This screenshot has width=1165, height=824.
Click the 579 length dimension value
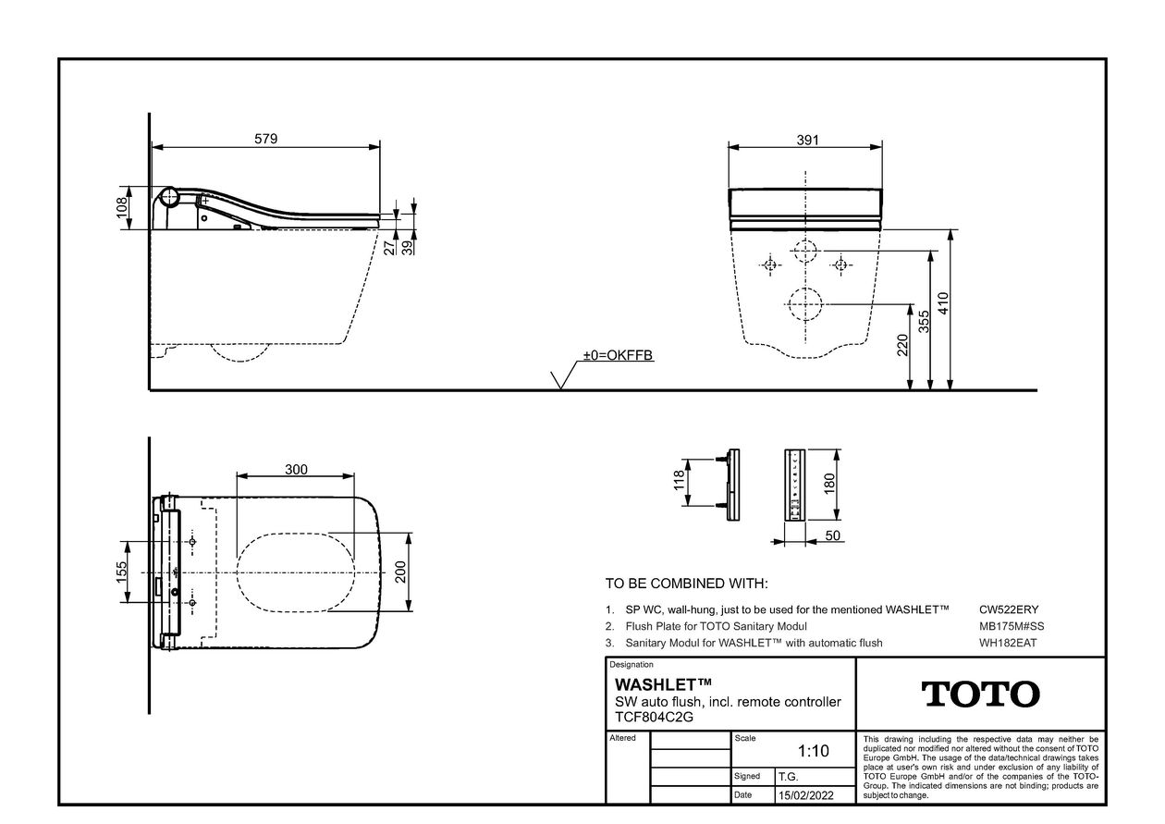pos(265,139)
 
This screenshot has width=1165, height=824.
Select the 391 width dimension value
pos(808,140)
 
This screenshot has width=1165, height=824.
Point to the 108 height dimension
pos(122,207)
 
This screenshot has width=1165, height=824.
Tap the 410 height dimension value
pos(943,303)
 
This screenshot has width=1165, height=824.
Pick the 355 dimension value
pos(924,322)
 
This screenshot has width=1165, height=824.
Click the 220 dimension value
pos(902,345)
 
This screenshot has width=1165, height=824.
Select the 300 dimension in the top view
pos(296,470)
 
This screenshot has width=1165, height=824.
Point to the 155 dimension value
pos(121,572)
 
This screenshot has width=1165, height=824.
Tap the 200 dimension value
pos(400,572)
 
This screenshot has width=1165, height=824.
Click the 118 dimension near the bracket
pos(679,481)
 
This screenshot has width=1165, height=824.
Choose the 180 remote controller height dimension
pos(829,484)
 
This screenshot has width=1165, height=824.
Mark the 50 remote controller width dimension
pos(833,535)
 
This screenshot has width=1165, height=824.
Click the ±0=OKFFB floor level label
pos(618,355)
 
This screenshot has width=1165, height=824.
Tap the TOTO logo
pos(980,695)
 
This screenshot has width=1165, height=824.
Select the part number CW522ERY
pos(1009,609)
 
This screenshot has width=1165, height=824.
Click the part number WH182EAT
pos(1008,643)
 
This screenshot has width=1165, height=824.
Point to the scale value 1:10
pos(814,751)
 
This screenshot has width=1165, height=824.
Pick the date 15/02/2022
pos(805,795)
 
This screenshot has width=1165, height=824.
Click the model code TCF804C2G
pos(655,717)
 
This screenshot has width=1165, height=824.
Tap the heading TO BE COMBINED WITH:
pos(686,584)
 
